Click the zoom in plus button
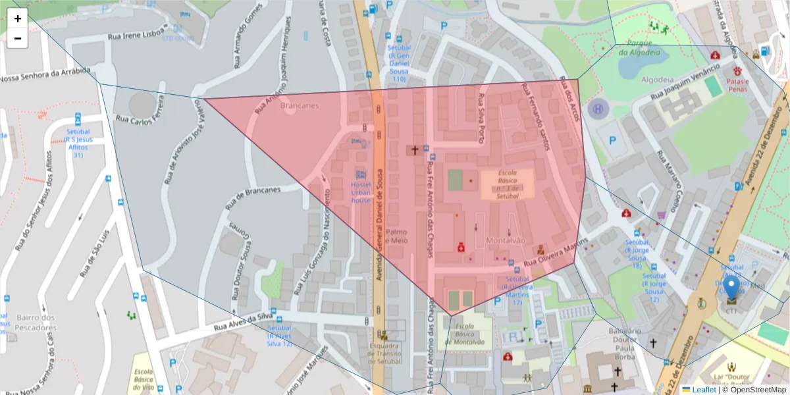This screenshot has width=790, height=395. [18, 18]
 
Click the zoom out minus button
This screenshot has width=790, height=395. [18, 38]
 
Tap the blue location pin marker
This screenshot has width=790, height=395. [731, 290]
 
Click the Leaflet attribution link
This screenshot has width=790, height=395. [703, 390]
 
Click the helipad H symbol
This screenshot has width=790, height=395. [598, 110]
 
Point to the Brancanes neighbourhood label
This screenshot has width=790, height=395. [300, 105]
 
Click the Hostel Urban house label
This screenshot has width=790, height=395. [361, 192]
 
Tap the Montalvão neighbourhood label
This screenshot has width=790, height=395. [506, 241]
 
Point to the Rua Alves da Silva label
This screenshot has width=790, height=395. [243, 321]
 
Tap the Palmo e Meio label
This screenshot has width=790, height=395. [397, 236]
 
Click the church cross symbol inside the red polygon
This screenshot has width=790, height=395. [414, 150]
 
